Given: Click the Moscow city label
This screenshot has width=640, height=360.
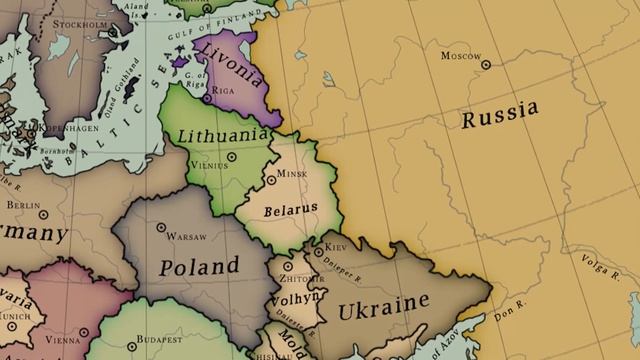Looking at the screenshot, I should pos(461,55).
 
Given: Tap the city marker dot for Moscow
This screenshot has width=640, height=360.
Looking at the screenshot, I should pos(486,64).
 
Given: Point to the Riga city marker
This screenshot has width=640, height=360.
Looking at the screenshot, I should pos(206,98).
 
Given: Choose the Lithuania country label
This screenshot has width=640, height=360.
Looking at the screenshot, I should pos(222,134).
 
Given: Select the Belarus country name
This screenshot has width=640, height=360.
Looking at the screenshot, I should pos(290,210).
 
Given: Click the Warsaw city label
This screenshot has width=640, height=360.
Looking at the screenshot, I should pos(186,237).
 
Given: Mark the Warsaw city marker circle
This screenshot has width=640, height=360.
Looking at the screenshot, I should pos(161,228).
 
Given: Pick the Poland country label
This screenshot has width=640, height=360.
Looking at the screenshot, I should pos(199,267).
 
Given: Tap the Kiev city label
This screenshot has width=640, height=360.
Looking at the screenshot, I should pos(337,246).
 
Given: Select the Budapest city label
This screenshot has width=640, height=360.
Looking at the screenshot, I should pos(161,338).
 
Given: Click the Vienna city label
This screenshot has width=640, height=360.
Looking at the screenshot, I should pos(62,340).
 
